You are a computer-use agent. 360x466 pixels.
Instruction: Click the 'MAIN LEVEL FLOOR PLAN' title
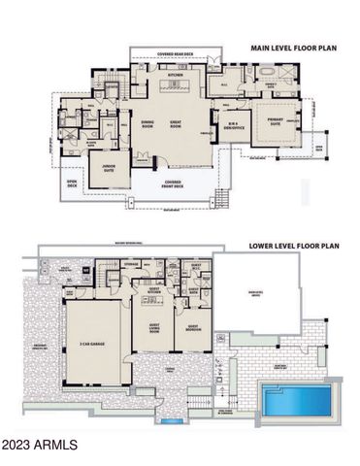coord(295,47)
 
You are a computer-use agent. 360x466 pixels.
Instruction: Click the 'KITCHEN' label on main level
coord(176,74)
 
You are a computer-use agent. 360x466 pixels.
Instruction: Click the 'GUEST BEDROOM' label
coord(192,327)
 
